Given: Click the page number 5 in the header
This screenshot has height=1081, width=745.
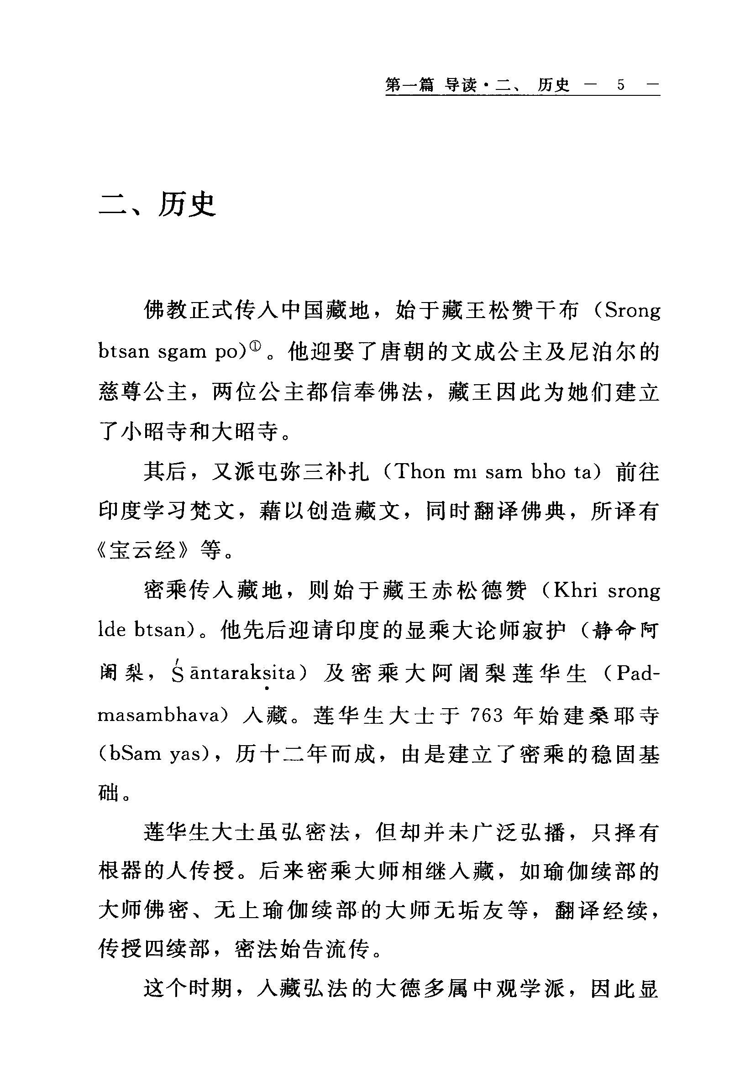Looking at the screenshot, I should pos(620,85).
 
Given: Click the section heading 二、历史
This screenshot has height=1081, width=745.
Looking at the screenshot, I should pos(157,204).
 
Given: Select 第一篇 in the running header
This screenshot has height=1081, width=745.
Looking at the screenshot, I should pos(409,85).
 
